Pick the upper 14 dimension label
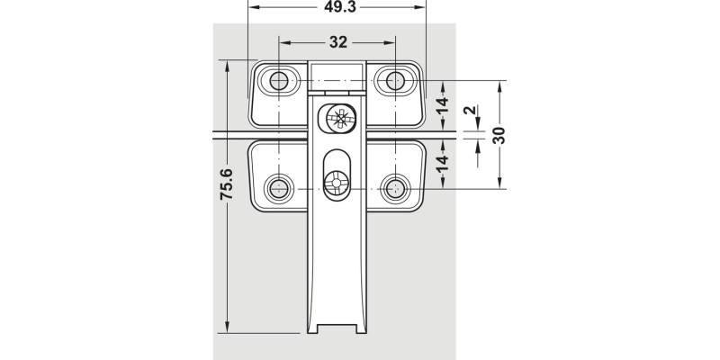coord(442,105)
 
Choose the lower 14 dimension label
coord(442,164)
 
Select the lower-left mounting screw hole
coord(279,188)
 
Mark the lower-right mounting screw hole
coord(395,188)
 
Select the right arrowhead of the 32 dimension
coord(390,42)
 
